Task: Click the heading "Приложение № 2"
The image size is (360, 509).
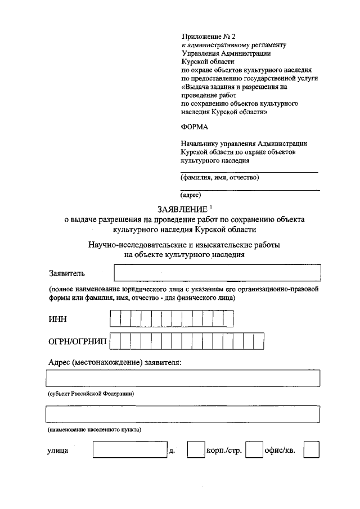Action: (x=208, y=36)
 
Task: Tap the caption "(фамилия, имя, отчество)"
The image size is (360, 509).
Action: (x=219, y=178)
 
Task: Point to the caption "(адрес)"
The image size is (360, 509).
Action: (x=191, y=196)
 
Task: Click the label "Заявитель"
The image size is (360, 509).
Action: (x=66, y=274)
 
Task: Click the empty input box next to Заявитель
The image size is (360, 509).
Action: (x=217, y=273)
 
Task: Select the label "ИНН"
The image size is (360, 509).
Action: (x=57, y=319)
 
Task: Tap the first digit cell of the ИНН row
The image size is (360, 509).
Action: (x=115, y=319)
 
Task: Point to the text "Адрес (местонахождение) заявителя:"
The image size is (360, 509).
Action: (x=115, y=363)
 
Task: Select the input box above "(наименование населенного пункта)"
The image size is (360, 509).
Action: (x=183, y=415)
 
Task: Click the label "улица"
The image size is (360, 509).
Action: (x=58, y=451)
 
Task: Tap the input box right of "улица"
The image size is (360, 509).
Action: (x=129, y=450)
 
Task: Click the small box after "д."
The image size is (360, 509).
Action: (x=195, y=450)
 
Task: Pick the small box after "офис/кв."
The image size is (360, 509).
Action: (x=311, y=450)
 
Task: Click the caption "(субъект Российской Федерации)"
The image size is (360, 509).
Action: (x=91, y=394)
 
